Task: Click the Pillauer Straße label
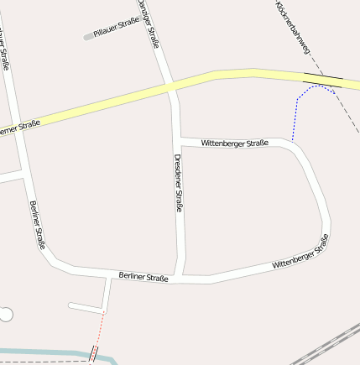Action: tap(117, 30)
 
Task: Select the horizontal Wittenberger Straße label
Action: tap(234, 143)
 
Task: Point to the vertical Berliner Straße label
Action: tap(37, 225)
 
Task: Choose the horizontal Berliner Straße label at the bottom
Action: tap(143, 276)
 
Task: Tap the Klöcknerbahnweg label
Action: tap(293, 28)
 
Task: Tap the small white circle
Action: tap(6, 315)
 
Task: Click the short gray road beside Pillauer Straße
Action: tap(89, 36)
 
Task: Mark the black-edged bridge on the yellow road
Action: tap(323, 81)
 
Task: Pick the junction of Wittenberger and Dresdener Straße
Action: tap(178, 138)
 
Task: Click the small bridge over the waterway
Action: tap(93, 355)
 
